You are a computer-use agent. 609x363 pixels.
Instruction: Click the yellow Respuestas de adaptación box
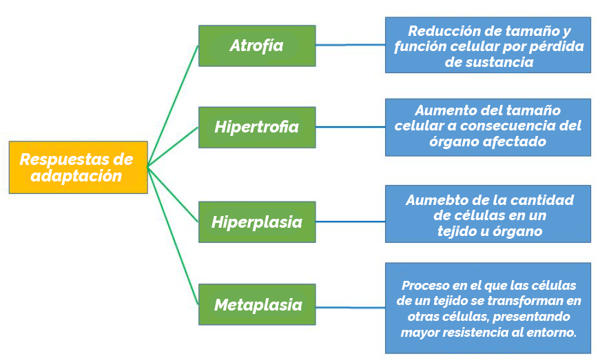tap(78, 167)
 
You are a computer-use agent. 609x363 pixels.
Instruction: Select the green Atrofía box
tap(257, 46)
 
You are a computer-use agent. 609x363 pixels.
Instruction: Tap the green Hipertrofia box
tap(257, 127)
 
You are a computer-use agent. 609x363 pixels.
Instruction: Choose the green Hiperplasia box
tap(257, 222)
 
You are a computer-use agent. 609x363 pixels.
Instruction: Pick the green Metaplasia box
tap(257, 304)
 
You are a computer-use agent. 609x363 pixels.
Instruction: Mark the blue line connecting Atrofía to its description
tap(351, 45)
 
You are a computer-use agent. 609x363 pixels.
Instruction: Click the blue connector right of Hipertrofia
tap(351, 127)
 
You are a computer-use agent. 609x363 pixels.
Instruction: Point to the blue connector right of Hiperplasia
tap(351, 222)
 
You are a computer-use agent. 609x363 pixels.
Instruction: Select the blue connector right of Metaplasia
tap(351, 307)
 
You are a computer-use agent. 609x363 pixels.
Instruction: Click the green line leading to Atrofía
tap(173, 106)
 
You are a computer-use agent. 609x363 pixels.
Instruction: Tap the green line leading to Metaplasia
tap(173, 236)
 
